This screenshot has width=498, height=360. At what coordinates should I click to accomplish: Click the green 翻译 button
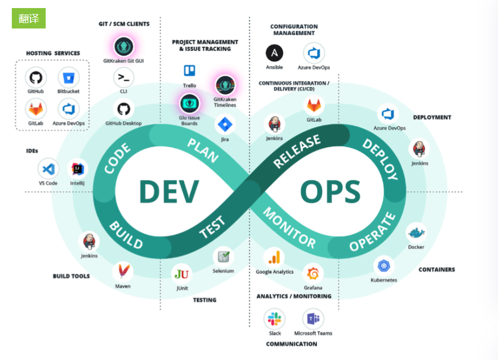pyautogui.click(x=28, y=18)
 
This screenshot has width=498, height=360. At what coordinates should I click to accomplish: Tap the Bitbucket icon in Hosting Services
pyautogui.click(x=68, y=78)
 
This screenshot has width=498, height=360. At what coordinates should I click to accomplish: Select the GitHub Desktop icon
pyautogui.click(x=124, y=110)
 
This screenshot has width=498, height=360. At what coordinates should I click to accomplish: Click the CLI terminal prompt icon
pyautogui.click(x=124, y=78)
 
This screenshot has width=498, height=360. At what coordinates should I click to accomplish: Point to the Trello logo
pyautogui.click(x=190, y=70)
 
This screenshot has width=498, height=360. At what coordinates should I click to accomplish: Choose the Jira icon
pyautogui.click(x=225, y=125)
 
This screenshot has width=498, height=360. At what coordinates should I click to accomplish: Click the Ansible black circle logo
pyautogui.click(x=275, y=53)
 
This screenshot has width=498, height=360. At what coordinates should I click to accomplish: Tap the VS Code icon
pyautogui.click(x=48, y=169)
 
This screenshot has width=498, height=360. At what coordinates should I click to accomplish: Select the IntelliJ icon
pyautogui.click(x=77, y=169)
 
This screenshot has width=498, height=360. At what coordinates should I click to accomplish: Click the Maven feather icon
pyautogui.click(x=123, y=271)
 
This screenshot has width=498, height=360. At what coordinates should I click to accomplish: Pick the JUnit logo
pyautogui.click(x=182, y=274)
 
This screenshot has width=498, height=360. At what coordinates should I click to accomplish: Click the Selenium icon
pyautogui.click(x=223, y=256)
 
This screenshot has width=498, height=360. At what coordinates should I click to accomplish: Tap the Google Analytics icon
pyautogui.click(x=274, y=257)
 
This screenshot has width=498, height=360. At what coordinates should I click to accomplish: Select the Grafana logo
pyautogui.click(x=313, y=273)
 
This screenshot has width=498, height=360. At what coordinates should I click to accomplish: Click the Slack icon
pyautogui.click(x=275, y=319)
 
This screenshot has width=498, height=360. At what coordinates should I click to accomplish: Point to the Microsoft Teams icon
pyautogui.click(x=313, y=319)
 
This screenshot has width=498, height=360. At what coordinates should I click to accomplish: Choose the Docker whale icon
pyautogui.click(x=416, y=233)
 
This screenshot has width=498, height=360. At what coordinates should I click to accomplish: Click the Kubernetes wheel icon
pyautogui.click(x=384, y=265)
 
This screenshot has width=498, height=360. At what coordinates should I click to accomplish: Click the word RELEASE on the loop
pyautogui.click(x=297, y=153)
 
